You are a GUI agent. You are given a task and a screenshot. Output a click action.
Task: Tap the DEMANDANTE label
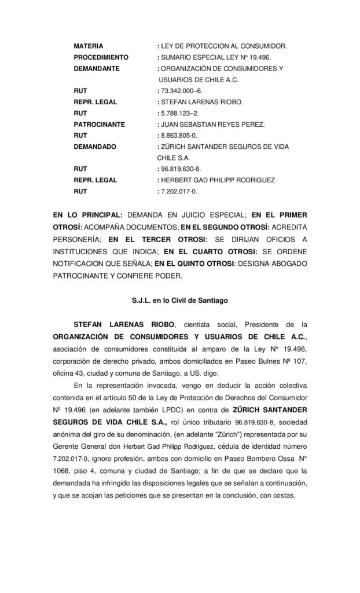[x=97, y=68]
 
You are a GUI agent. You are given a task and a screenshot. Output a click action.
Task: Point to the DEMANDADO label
[x=95, y=147]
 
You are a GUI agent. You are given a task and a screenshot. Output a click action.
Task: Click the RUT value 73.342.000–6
[x=181, y=90]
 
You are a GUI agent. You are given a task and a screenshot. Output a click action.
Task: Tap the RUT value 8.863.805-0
[x=180, y=136]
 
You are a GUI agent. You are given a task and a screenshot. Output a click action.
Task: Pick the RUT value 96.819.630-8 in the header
[x=182, y=169]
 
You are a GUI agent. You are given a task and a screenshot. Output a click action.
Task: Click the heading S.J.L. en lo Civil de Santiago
[x=179, y=301]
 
